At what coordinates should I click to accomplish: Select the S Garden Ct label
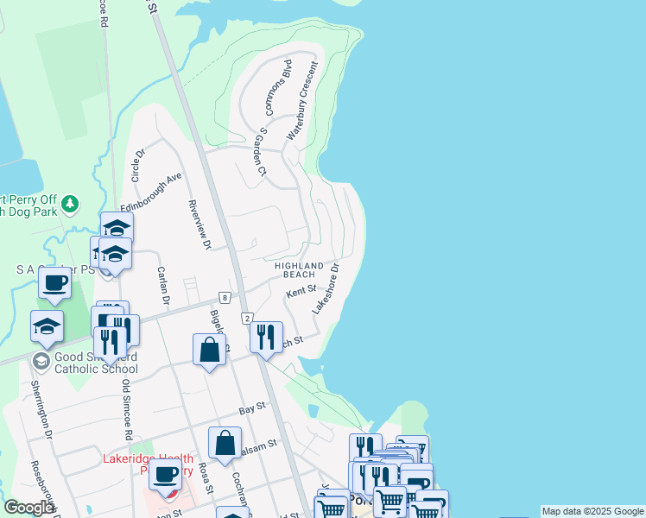(260, 153)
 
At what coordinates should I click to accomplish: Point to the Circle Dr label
(136, 164)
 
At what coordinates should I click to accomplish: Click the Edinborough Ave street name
(152, 193)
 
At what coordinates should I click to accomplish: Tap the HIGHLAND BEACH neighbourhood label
(299, 270)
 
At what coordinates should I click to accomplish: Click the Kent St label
(301, 294)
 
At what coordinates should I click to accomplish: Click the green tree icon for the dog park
(70, 204)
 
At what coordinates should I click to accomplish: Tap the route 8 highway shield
(224, 297)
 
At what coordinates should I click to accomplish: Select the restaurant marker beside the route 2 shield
(267, 335)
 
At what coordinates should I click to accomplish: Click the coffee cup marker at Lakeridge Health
(164, 474)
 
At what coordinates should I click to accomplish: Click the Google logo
(29, 508)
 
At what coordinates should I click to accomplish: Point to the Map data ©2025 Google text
(592, 511)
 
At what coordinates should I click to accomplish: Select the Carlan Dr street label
(161, 285)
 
